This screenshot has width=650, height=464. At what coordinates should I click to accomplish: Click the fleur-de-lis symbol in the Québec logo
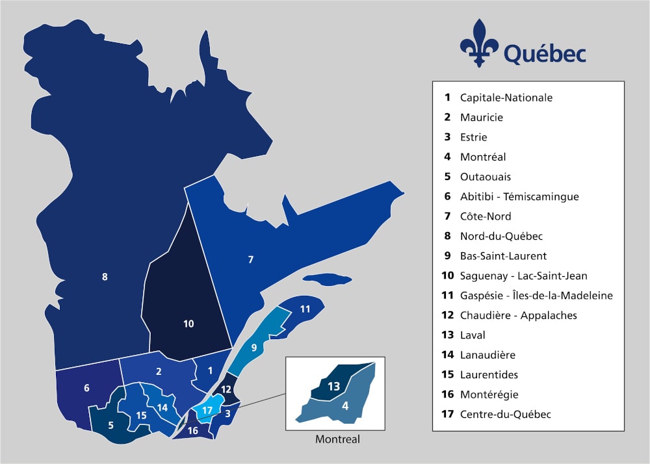pyautogui.click(x=479, y=43)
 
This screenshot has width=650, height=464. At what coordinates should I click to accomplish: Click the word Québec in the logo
pyautogui.click(x=543, y=52)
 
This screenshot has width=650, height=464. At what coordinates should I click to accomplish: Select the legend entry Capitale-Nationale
pyautogui.click(x=506, y=97)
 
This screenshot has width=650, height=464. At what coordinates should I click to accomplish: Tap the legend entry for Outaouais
pyautogui.click(x=485, y=177)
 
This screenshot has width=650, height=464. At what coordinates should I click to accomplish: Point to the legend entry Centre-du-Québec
pyautogui.click(x=505, y=414)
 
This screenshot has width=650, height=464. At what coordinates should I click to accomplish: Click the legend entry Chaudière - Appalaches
pyautogui.click(x=518, y=315)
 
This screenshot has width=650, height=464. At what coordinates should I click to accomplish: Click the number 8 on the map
pyautogui.click(x=105, y=277)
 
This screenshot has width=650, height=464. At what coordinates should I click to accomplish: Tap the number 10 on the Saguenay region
pyautogui.click(x=188, y=323)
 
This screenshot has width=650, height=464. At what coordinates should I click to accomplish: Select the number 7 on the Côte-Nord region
pyautogui.click(x=251, y=260)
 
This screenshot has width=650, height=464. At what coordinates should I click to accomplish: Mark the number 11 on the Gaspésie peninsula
pyautogui.click(x=305, y=309)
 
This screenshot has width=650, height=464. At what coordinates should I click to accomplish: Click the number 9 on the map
pyautogui.click(x=254, y=347)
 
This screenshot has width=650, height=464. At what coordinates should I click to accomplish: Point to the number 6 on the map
pyautogui.click(x=86, y=388)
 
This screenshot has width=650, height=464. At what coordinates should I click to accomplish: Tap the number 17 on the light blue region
pyautogui.click(x=207, y=410)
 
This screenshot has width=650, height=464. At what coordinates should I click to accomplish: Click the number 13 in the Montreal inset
pyautogui.click(x=333, y=386)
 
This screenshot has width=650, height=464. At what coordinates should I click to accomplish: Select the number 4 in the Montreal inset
pyautogui.click(x=345, y=406)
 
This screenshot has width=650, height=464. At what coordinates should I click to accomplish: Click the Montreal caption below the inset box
pyautogui.click(x=337, y=439)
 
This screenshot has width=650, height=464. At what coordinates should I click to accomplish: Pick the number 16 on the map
pyautogui.click(x=193, y=430)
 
